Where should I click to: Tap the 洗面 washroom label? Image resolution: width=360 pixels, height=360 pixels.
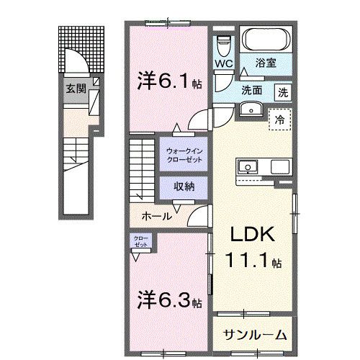(x=252, y=91)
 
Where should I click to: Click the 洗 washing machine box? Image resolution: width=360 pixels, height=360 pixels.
(x=284, y=91)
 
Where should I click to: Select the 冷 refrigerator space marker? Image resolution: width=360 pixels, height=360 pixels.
(x=280, y=120)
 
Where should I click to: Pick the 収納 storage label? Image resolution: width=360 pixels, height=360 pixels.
(x=184, y=185)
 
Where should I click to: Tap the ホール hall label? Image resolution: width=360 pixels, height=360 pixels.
(x=156, y=215)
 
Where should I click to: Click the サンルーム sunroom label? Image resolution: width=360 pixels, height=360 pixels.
(x=254, y=334)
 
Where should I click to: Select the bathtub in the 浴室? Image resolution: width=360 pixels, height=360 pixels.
(x=266, y=40)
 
